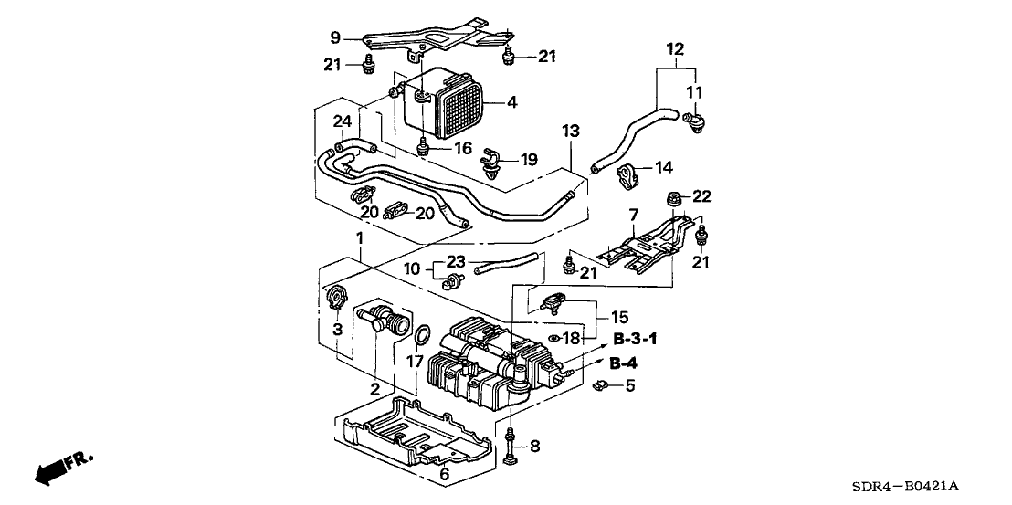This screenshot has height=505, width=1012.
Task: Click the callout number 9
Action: (x=334, y=38)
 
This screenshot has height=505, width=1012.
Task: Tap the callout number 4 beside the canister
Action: (x=511, y=102)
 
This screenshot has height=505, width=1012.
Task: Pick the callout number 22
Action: (x=701, y=196)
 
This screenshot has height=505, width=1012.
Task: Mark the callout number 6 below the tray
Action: (x=444, y=473)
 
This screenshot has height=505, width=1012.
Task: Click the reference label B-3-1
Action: (x=636, y=339)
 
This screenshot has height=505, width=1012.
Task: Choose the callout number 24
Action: (x=342, y=121)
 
